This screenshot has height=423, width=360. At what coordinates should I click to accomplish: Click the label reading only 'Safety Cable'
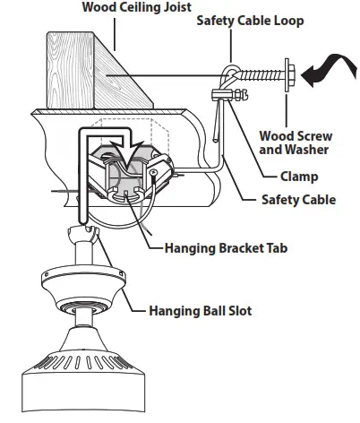[x=298, y=199]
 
